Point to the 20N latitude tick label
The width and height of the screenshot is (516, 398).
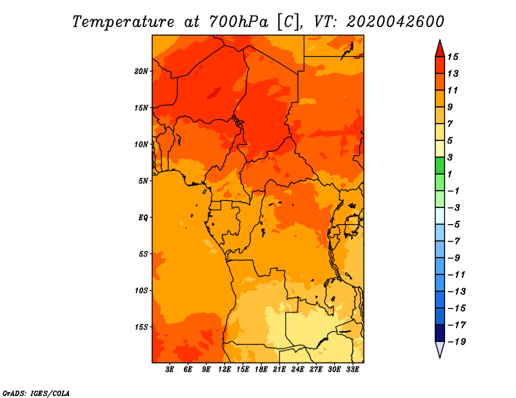coord(141,71)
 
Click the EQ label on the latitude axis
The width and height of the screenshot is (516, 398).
coord(143,217)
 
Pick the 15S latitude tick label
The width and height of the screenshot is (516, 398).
coord(141,327)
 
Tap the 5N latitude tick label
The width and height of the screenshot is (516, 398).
coord(143,180)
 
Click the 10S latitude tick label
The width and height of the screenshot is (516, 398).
coord(141,290)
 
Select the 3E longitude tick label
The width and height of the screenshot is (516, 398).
coord(170,370)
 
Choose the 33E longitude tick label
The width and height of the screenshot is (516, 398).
coord(353,370)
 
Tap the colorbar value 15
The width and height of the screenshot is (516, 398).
coord(462,57)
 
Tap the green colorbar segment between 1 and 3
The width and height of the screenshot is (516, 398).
coord(440,166)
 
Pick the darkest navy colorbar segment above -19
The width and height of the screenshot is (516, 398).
coord(440,333)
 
